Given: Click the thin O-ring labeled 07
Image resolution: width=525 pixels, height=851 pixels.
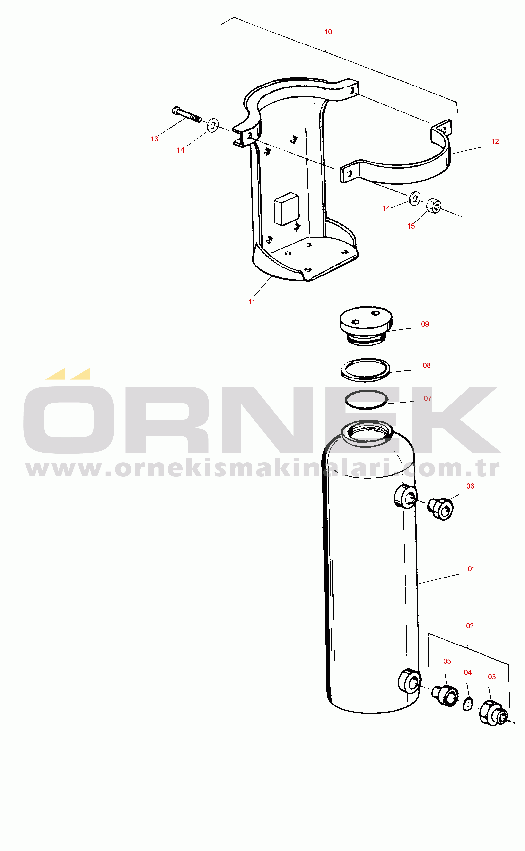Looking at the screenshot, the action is (x=366, y=399).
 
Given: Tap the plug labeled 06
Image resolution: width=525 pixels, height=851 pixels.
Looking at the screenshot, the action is (x=441, y=509).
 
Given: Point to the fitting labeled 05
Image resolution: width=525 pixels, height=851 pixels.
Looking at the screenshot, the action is (x=445, y=695).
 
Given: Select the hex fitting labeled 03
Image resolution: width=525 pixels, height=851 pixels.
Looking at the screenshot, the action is (x=493, y=713).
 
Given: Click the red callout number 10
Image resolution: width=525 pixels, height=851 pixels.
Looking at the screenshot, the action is (x=328, y=32).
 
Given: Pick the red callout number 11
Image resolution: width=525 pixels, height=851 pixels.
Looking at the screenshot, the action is (x=252, y=302).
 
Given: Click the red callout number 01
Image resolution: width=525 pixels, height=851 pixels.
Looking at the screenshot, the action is (x=471, y=569).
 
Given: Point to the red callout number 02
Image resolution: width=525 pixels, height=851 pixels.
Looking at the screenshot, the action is (x=470, y=626).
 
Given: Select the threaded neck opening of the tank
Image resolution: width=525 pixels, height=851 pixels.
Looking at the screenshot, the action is (x=367, y=432).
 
